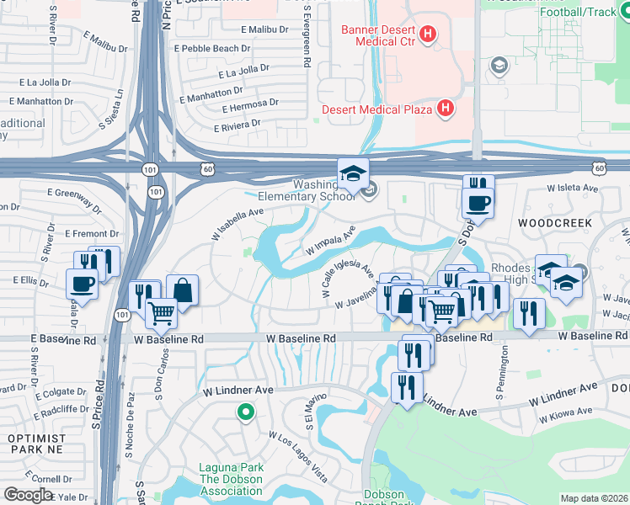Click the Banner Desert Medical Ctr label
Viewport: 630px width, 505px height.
click(x=379, y=36)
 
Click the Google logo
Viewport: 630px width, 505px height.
click(x=28, y=495)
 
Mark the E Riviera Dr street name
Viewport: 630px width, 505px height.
click(x=237, y=125)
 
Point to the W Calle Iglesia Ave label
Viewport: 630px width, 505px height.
click(x=348, y=277)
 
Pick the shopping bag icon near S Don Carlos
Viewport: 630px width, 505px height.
click(x=182, y=290)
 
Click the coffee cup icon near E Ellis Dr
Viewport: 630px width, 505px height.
click(x=83, y=283)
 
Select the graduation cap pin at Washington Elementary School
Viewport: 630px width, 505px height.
click(x=353, y=173)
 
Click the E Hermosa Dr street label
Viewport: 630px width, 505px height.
click(x=250, y=105)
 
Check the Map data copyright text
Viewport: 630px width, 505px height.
click(x=595, y=498)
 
